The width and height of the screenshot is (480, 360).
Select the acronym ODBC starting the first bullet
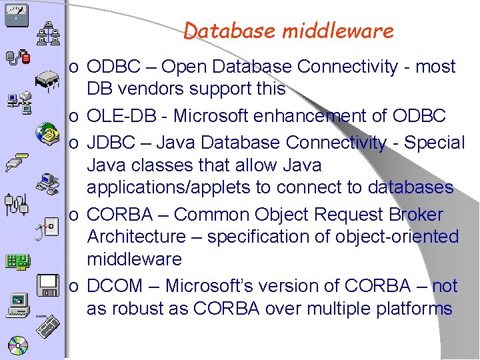point(113,67)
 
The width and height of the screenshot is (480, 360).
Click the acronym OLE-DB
point(127,116)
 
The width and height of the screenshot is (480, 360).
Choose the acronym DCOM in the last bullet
point(115,286)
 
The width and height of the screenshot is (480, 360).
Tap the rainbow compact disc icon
point(17,345)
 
